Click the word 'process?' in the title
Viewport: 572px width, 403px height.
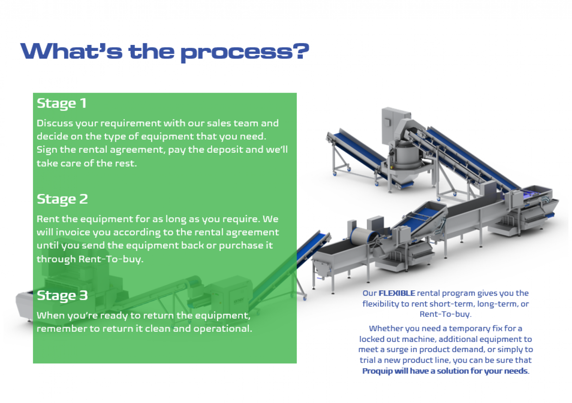[x=245, y=52]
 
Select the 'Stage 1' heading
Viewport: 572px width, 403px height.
[x=61, y=103]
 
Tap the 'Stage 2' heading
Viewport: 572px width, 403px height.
[x=62, y=199]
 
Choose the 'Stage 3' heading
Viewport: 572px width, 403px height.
[x=62, y=296]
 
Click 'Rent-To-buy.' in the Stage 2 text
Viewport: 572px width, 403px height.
[x=111, y=259]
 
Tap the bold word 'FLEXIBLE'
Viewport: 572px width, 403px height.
[x=397, y=293]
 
